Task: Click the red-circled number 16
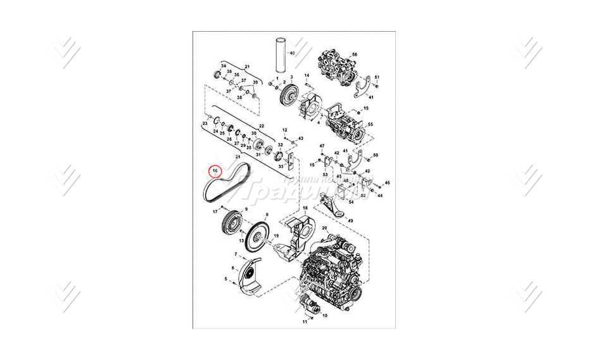[x=215, y=171]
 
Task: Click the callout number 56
[x=353, y=55]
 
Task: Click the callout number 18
[x=305, y=209]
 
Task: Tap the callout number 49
[x=350, y=221]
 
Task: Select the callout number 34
[x=223, y=66]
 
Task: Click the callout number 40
[x=293, y=54]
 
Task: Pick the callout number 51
[x=376, y=77]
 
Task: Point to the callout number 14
[x=307, y=75]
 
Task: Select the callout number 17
[x=215, y=210]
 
